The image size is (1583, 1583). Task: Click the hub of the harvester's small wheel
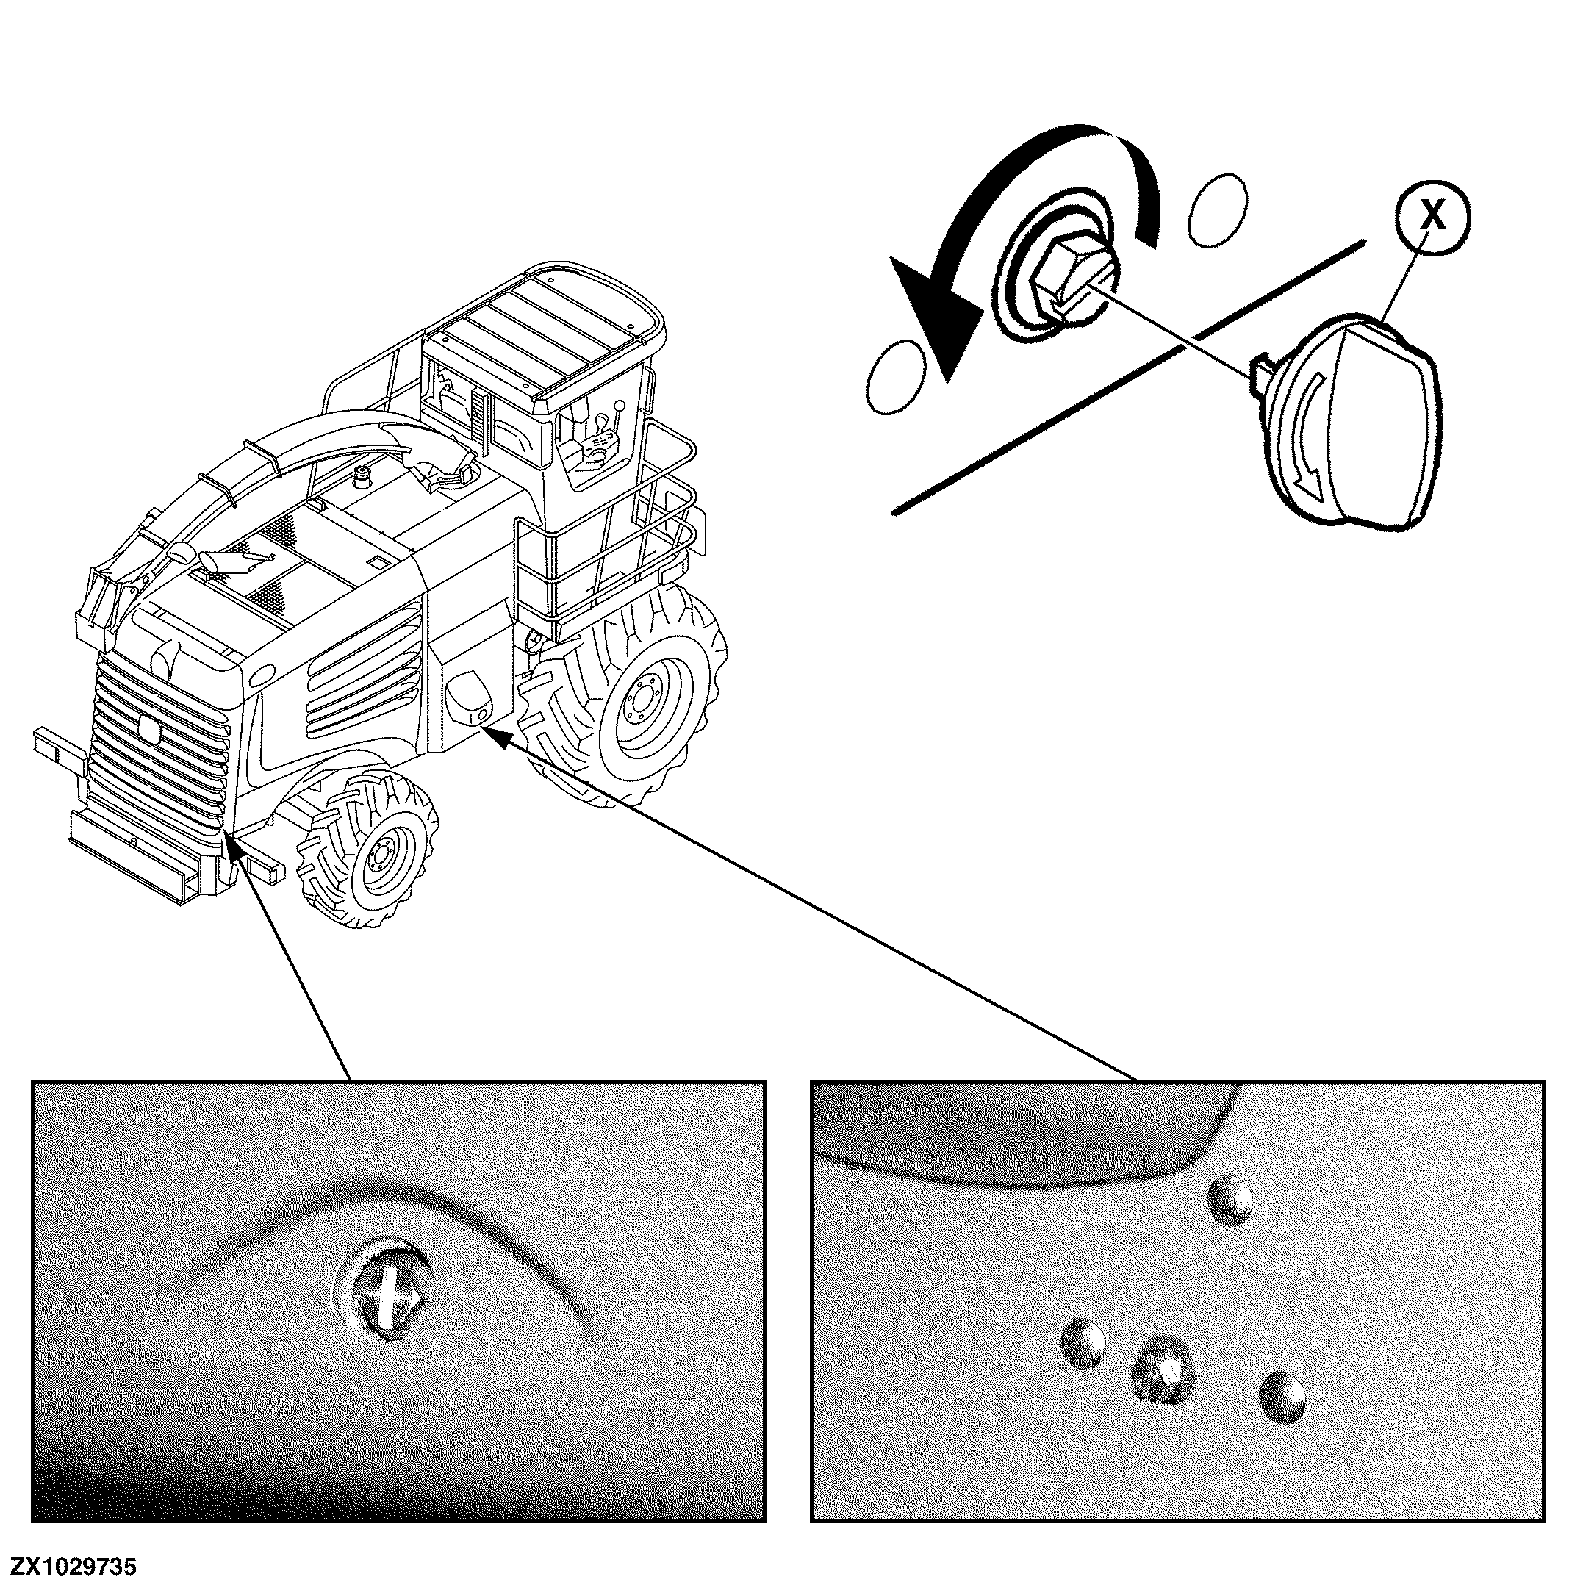378,858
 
